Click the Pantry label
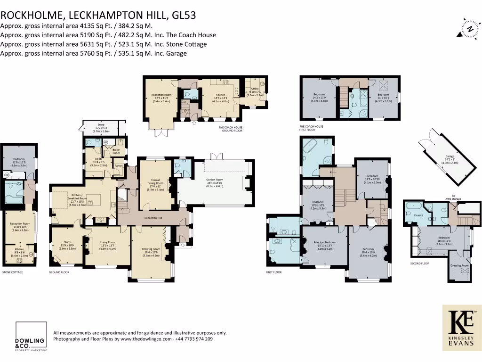pyautogui.click(x=119, y=165)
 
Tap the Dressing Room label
pyautogui.click(x=459, y=265)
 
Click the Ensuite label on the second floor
pyautogui.click(x=418, y=215)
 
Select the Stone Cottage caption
pyautogui.click(x=13, y=272)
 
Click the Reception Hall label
pyautogui.click(x=153, y=218)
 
